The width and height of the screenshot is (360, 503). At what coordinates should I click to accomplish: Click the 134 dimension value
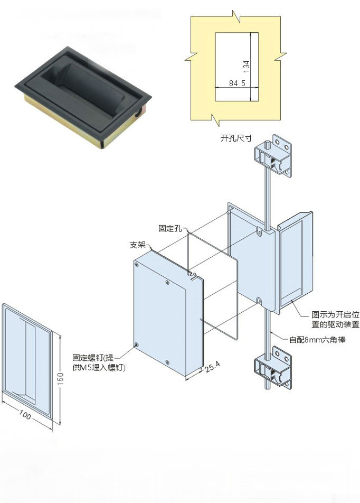point(247,66)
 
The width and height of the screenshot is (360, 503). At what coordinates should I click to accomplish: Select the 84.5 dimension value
point(237,83)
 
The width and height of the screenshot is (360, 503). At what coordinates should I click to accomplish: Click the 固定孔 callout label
point(170,228)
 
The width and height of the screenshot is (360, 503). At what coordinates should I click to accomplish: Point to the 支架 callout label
point(138,245)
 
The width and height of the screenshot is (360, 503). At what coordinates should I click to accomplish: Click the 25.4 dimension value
point(213,367)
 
